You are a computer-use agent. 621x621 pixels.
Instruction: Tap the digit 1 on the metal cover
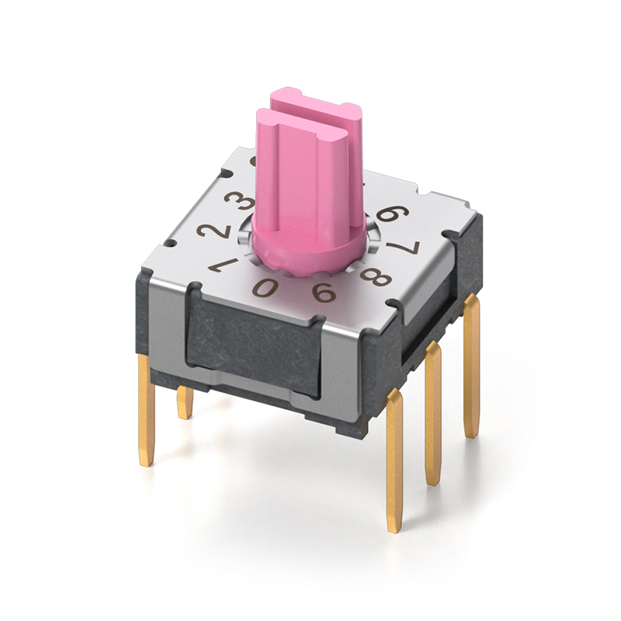tap(224, 265)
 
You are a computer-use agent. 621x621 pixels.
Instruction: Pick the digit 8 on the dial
tap(375, 276)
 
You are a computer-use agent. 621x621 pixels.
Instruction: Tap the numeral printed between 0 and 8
tap(324, 292)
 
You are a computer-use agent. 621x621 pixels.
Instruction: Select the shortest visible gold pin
tap(185, 402)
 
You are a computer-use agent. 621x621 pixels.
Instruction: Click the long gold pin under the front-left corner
tap(145, 412)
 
